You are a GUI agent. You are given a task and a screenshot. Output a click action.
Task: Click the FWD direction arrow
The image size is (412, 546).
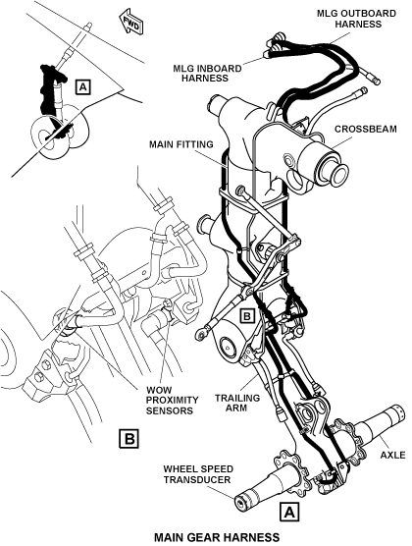click(x=130, y=24)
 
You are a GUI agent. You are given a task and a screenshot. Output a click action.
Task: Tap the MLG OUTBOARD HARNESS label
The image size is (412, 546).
click(x=356, y=19)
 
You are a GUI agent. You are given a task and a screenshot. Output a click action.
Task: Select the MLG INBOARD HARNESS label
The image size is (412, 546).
click(x=207, y=73)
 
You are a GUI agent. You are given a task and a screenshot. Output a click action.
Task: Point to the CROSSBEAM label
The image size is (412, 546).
click(x=365, y=129)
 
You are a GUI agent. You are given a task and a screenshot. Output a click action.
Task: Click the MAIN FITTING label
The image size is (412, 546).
click(x=180, y=144)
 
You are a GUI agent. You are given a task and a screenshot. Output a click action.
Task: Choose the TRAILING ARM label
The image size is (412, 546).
click(x=237, y=403)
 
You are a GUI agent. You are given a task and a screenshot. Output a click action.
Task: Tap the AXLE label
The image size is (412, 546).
click(x=392, y=455)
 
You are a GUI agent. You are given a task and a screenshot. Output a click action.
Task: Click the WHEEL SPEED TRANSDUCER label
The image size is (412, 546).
click(x=198, y=474)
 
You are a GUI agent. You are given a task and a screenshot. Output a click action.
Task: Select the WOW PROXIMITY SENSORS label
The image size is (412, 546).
click(x=172, y=400)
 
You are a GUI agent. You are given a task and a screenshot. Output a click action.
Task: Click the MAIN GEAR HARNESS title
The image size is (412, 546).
click(x=217, y=536)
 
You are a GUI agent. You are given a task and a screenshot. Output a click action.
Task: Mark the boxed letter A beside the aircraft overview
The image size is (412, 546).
click(x=82, y=87)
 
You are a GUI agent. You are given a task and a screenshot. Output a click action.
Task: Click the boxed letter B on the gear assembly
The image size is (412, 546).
click(x=247, y=316)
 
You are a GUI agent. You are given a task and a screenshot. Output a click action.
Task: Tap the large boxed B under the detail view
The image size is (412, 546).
click(x=129, y=438)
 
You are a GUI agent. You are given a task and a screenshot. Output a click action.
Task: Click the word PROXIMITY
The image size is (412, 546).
click(x=172, y=400)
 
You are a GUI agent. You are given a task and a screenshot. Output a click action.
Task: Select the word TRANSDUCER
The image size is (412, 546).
click(x=197, y=479)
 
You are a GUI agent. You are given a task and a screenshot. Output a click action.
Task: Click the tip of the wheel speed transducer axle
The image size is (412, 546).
click(x=239, y=503)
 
